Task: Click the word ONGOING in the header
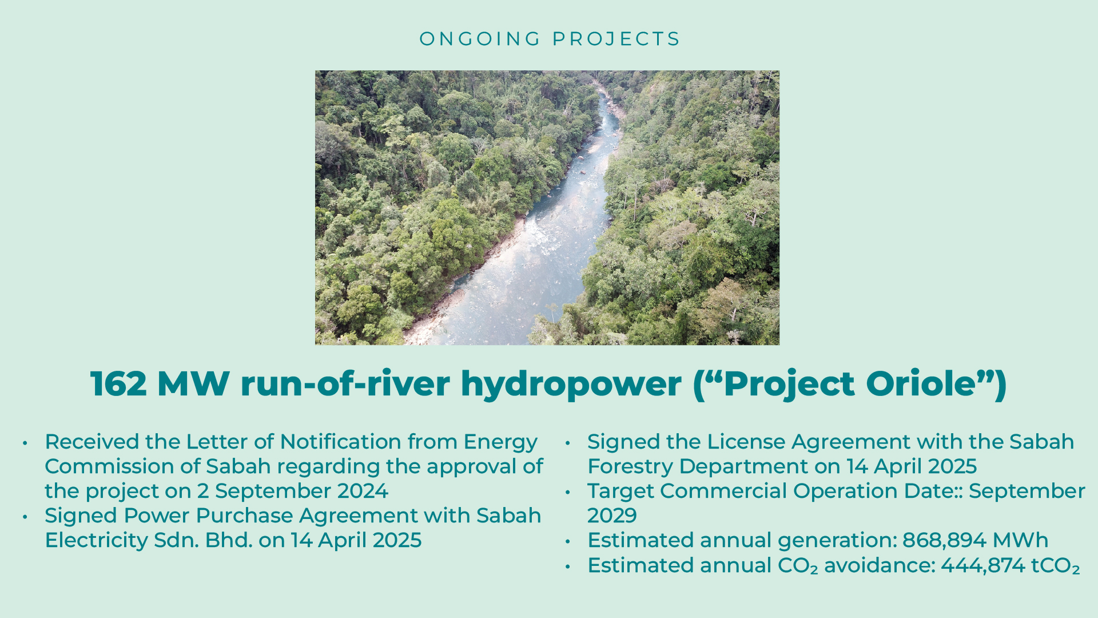480,39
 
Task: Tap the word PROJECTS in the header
616,39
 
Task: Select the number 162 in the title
118,383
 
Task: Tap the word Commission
110,466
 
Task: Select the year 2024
363,491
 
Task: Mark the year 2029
612,516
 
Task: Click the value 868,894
944,541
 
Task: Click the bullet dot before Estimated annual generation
568,541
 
